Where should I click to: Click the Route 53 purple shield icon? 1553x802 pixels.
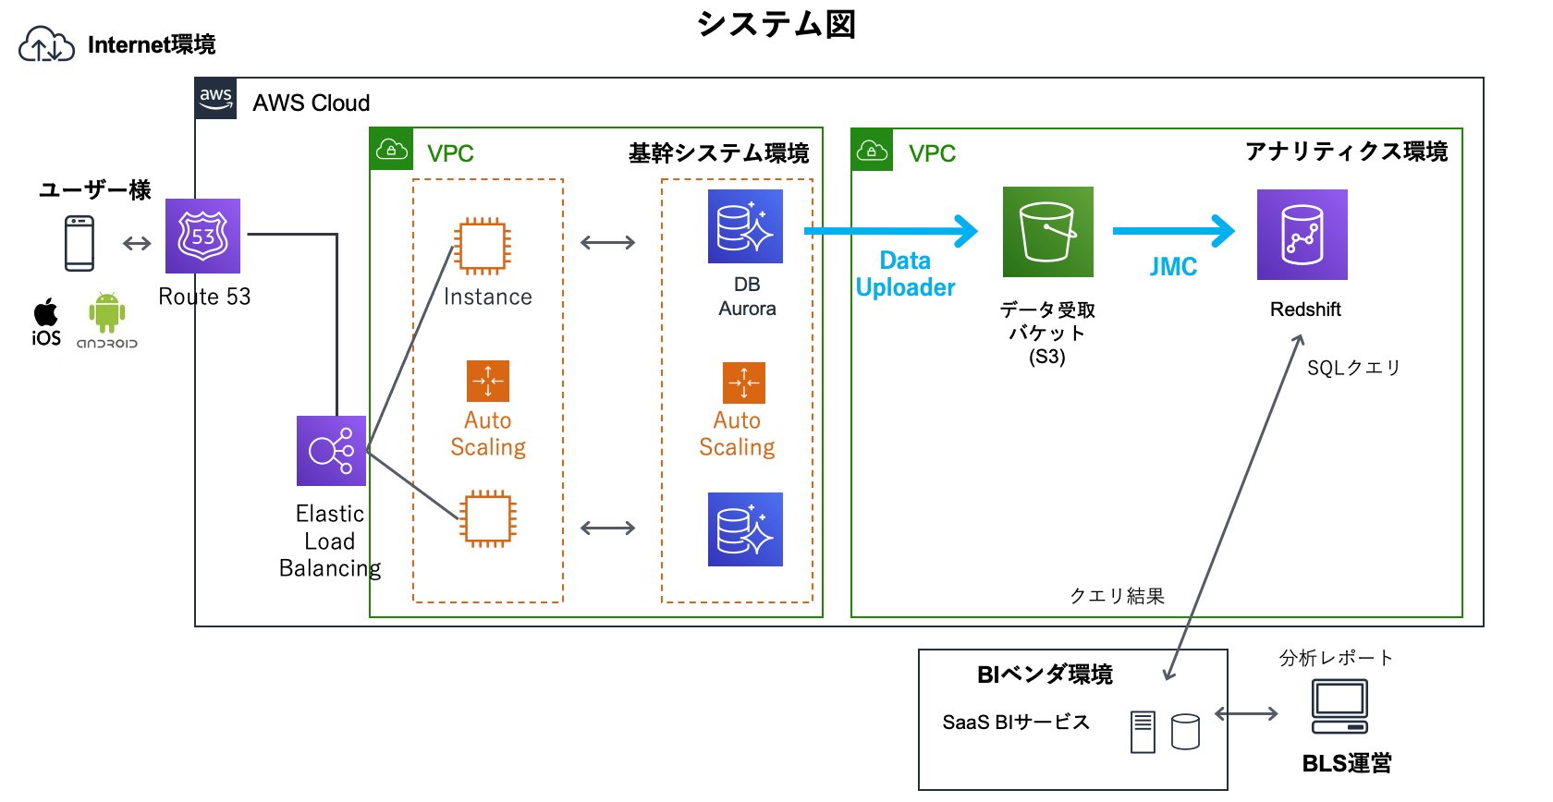[x=202, y=236]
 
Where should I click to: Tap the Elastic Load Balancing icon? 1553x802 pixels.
[x=331, y=451]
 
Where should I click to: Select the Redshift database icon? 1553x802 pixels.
[x=1302, y=235]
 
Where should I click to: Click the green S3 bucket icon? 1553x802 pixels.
[x=1047, y=232]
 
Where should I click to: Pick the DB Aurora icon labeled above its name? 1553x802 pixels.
[x=745, y=226]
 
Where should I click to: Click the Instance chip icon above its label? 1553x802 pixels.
[x=483, y=246]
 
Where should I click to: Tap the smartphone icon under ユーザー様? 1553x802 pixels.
[x=79, y=243]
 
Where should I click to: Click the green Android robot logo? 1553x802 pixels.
[x=107, y=312]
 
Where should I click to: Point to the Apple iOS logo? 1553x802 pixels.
[x=46, y=312]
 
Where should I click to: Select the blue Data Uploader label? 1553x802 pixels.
[x=905, y=273]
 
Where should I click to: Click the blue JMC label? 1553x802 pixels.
[x=1173, y=267]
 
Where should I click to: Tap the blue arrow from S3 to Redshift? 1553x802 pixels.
[x=1174, y=231]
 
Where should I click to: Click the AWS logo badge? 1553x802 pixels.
[x=215, y=99]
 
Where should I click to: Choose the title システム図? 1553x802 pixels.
[x=776, y=24]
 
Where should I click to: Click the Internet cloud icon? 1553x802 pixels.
[x=46, y=44]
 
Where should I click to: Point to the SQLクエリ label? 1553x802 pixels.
[x=1353, y=368]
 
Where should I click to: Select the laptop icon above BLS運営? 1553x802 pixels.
[x=1339, y=706]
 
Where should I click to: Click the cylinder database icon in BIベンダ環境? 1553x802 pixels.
[x=1185, y=731]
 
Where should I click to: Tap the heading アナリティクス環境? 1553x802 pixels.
[x=1346, y=152]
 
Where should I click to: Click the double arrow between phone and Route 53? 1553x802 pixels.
[x=137, y=243]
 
